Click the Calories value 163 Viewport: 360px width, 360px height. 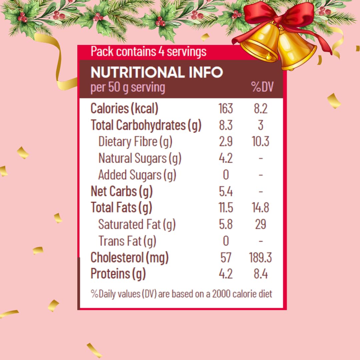click(x=226, y=109)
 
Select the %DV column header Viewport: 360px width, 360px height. click(x=262, y=87)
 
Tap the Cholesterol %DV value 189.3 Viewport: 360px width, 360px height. click(x=260, y=258)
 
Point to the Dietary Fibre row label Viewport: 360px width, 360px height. click(x=135, y=142)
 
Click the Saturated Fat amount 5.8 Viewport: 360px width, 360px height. click(x=226, y=224)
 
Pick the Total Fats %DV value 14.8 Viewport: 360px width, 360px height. click(x=260, y=208)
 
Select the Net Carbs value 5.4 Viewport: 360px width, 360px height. click(x=226, y=191)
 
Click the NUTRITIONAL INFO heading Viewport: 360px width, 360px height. click(x=157, y=72)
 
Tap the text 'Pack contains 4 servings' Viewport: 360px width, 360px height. click(x=148, y=52)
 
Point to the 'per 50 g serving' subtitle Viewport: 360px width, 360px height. click(x=128, y=87)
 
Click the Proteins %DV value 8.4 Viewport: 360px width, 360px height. click(x=260, y=274)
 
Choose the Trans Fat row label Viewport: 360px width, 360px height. click(x=127, y=241)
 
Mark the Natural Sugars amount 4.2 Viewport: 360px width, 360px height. click(x=226, y=158)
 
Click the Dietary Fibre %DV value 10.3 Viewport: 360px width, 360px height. click(x=260, y=142)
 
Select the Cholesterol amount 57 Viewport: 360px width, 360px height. click(x=226, y=258)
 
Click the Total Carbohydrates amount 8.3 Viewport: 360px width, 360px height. click(x=226, y=125)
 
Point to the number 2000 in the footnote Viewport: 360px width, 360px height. click(x=221, y=294)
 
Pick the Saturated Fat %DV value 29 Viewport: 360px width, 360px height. click(x=260, y=224)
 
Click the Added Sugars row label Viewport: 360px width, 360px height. click(x=137, y=175)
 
